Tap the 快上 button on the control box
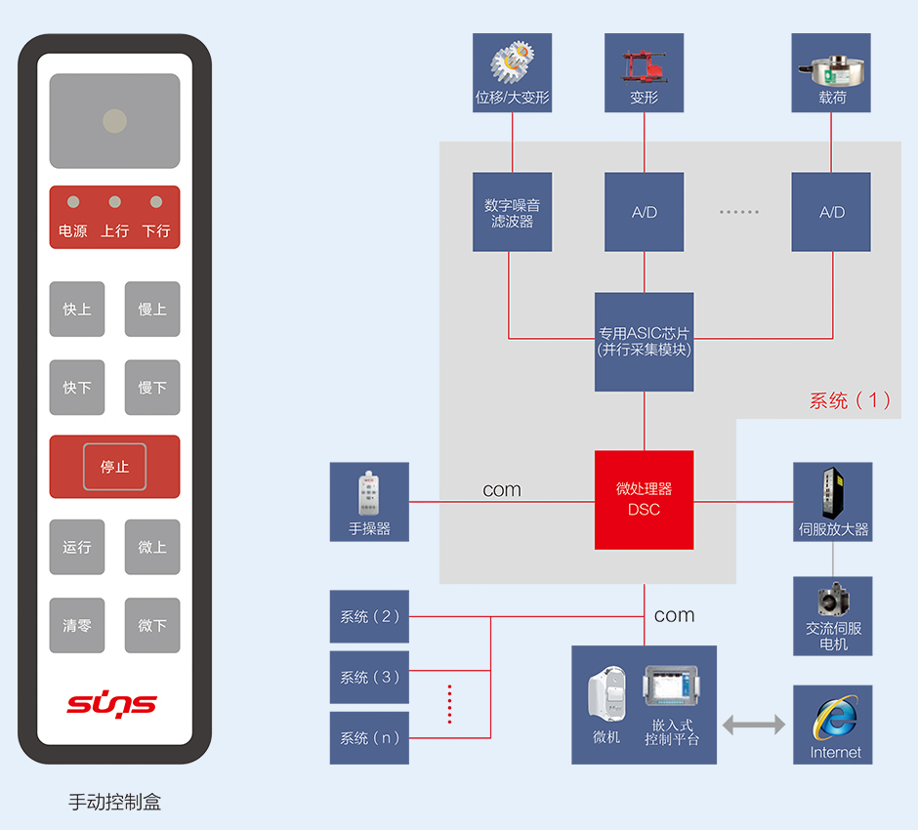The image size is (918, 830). click(77, 310)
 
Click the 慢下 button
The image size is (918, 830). click(152, 388)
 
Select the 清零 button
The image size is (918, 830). click(77, 625)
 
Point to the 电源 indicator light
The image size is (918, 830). click(73, 202)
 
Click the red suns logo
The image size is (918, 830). click(111, 703)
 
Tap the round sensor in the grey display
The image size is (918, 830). click(114, 121)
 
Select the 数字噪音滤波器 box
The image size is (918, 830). click(512, 213)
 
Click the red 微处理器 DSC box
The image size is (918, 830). click(645, 500)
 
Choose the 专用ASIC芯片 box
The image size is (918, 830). click(645, 342)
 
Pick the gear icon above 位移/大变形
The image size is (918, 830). click(512, 62)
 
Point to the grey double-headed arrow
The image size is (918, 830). click(754, 725)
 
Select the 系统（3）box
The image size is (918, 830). click(369, 677)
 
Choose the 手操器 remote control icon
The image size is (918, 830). click(368, 493)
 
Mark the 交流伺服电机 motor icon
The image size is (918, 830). click(833, 600)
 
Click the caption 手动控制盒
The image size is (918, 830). click(114, 803)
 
